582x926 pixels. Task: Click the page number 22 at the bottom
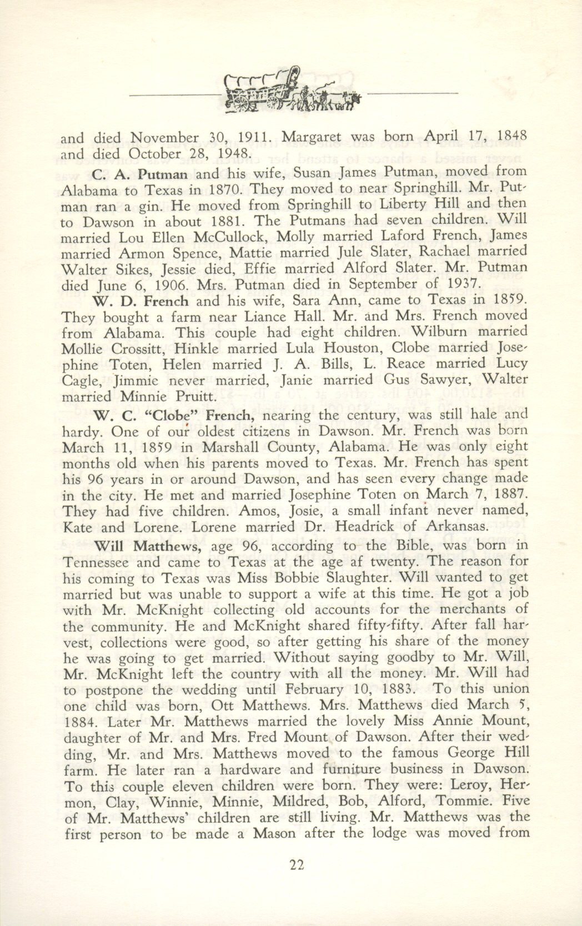290,865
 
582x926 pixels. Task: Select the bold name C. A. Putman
141,173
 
